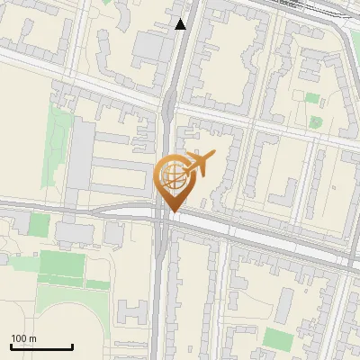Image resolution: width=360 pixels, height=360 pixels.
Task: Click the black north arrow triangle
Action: pos(181,24)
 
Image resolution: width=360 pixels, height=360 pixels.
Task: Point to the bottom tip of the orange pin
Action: pos(171,212)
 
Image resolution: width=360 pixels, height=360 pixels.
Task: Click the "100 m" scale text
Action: pos(24,338)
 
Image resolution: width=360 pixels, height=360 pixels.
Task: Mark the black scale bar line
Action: pos(41,347)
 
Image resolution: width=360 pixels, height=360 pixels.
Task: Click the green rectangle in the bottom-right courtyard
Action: pos(279,339)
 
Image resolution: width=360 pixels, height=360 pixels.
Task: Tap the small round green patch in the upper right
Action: pos(316,121)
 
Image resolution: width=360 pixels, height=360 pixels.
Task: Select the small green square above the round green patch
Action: pos(312,97)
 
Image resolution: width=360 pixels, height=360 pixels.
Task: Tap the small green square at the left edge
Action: pos(39,225)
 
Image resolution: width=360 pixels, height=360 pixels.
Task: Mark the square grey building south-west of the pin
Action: pos(113,233)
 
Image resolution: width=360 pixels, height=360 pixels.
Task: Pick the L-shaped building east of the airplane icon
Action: pos(286,193)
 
